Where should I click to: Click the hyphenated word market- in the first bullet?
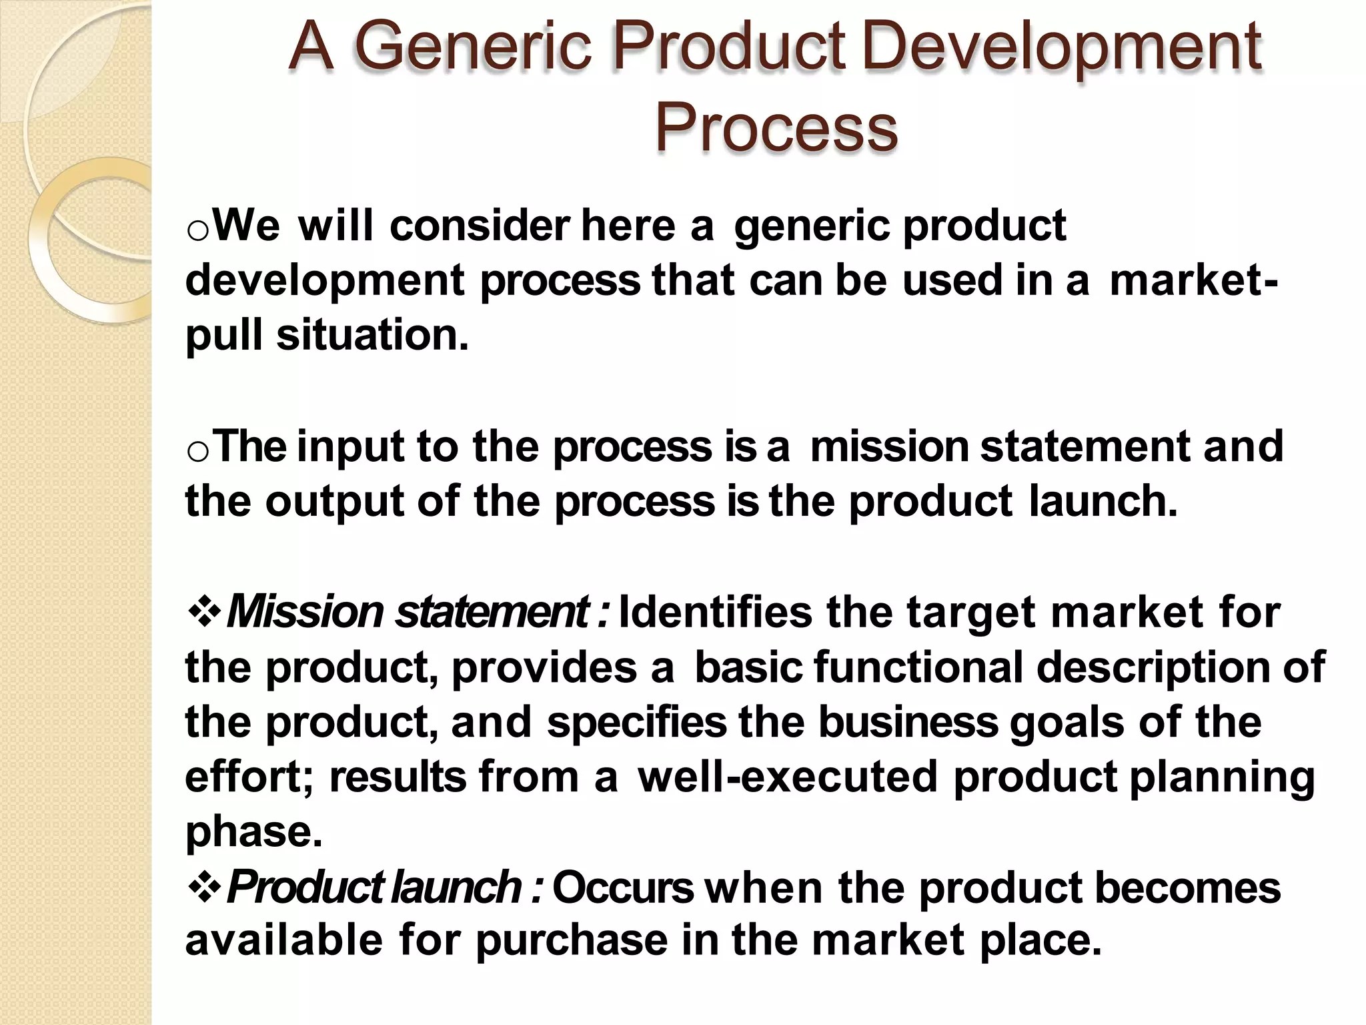pyautogui.click(x=1193, y=280)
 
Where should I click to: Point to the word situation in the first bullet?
pyautogui.click(x=372, y=335)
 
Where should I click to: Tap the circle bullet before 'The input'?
pyautogui.click(x=198, y=452)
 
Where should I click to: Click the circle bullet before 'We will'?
pyautogui.click(x=198, y=231)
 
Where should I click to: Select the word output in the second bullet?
pyautogui.click(x=334, y=502)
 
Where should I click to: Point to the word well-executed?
pyautogui.click(x=788, y=777)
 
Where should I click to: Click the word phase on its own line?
pyautogui.click(x=253, y=833)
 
